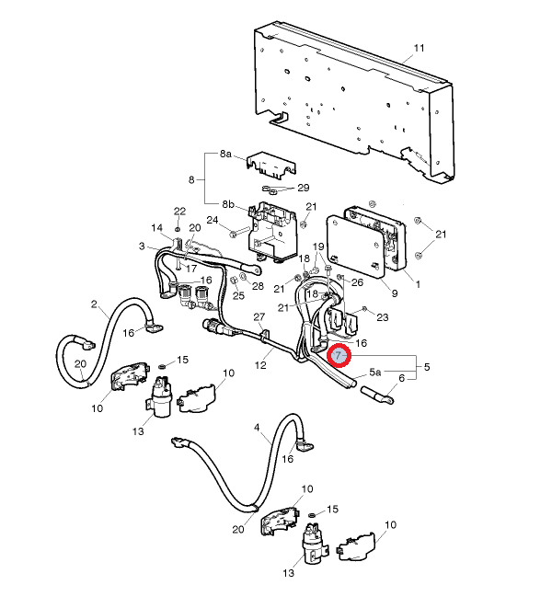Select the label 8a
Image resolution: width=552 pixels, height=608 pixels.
tap(226, 157)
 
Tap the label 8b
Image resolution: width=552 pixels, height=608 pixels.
tap(226, 203)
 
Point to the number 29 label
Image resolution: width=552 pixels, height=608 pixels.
tap(303, 188)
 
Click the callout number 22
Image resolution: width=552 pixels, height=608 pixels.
tap(179, 212)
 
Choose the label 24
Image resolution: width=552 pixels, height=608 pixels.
tap(213, 220)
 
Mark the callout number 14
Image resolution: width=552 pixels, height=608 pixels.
tap(156, 228)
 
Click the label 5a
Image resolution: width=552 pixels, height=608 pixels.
tap(374, 372)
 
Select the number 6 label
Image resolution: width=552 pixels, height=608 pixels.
tap(401, 378)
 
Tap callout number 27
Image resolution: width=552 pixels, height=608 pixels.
tap(259, 316)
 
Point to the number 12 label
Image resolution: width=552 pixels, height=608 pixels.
tap(260, 366)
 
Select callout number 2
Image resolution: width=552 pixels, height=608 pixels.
tap(94, 304)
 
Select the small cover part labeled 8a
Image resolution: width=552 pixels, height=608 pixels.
tap(271, 166)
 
